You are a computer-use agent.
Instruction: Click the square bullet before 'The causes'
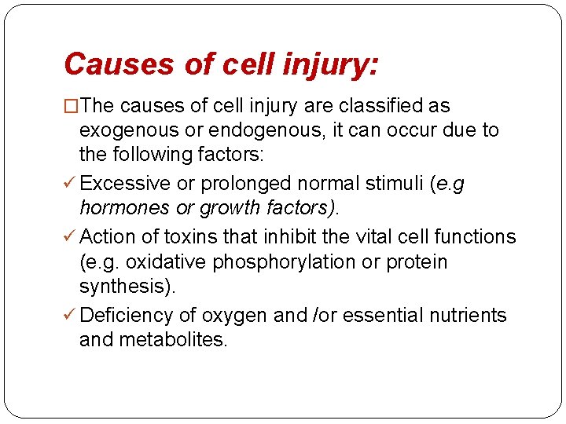pyautogui.click(x=72, y=106)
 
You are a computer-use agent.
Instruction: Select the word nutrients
pyautogui.click(x=468, y=315)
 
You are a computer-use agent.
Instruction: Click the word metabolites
pyautogui.click(x=172, y=340)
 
